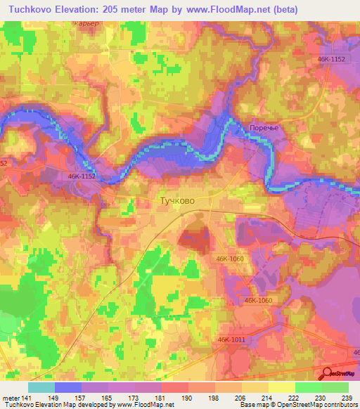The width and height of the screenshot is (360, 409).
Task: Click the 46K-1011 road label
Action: pyautogui.click(x=231, y=339)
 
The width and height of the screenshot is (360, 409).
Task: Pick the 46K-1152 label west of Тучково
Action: pyautogui.click(x=82, y=177)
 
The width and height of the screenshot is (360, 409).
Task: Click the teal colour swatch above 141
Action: pyautogui.click(x=41, y=387)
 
